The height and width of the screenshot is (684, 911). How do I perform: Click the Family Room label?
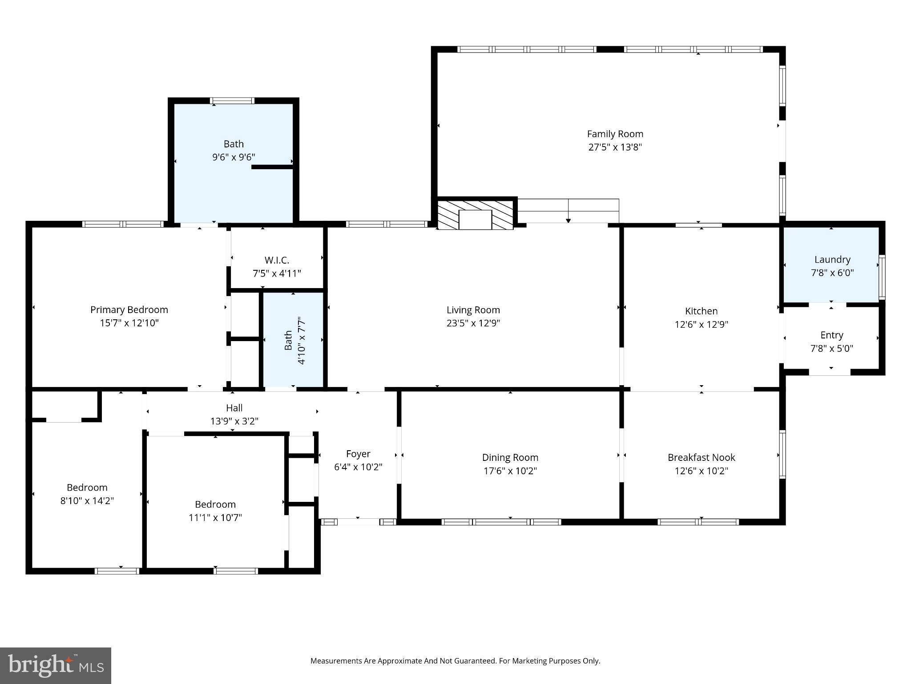click(615, 134)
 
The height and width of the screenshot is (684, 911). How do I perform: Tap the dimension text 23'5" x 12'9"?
click(473, 323)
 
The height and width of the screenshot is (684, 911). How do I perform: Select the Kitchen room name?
click(701, 311)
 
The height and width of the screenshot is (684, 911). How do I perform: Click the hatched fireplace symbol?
click(475, 215)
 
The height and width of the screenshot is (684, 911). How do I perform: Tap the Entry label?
click(831, 335)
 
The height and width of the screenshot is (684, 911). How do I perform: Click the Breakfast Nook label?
click(701, 457)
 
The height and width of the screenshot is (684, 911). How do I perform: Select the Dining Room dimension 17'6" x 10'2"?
click(510, 471)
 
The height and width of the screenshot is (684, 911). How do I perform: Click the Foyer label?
click(358, 454)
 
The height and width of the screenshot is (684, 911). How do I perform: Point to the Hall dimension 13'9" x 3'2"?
click(234, 421)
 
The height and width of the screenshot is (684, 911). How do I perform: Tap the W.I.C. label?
click(277, 260)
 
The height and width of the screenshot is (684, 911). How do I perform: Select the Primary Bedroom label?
click(129, 309)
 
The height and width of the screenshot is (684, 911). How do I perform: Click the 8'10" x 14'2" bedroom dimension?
click(87, 501)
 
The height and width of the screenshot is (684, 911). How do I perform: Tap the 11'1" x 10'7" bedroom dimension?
click(215, 517)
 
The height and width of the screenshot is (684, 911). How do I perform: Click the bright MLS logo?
click(55, 665)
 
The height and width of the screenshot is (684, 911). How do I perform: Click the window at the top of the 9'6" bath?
click(232, 101)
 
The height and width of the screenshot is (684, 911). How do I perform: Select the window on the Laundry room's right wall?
click(882, 277)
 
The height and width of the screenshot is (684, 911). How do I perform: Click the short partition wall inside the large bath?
click(272, 167)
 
